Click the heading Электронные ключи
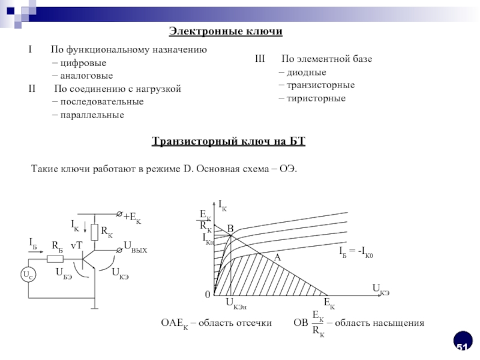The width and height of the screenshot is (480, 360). pyautogui.click(x=225, y=31)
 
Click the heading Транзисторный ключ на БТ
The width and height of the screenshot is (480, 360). pyautogui.click(x=229, y=142)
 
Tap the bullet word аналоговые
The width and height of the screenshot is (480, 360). pyautogui.click(x=85, y=76)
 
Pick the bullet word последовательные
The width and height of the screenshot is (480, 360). pyautogui.click(x=101, y=101)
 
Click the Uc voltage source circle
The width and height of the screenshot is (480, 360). pyautogui.click(x=28, y=275)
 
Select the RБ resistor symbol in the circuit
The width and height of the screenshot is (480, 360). pyautogui.click(x=56, y=259)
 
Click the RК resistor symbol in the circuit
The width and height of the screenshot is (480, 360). pyautogui.click(x=95, y=232)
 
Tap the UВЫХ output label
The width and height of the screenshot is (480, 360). pyautogui.click(x=135, y=245)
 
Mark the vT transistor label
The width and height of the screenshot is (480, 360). pyautogui.click(x=76, y=246)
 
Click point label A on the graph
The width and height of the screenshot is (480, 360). pyautogui.click(x=278, y=256)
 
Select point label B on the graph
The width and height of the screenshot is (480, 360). pyautogui.click(x=230, y=229)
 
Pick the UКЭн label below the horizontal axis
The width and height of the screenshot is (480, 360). pyautogui.click(x=236, y=304)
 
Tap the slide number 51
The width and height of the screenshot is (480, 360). pyautogui.click(x=462, y=347)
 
